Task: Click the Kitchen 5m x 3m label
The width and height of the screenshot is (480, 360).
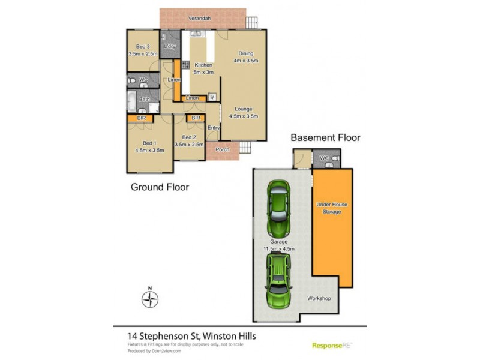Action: coord(203,68)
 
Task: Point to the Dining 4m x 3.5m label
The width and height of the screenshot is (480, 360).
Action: coord(245,56)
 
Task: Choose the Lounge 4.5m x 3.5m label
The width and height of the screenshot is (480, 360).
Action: coord(243,112)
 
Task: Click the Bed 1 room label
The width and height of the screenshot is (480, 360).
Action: coord(142,147)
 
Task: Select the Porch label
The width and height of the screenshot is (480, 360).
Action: coord(223,149)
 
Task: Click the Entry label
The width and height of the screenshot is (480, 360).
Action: coord(214,127)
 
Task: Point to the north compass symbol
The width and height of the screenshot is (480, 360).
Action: coord(151,298)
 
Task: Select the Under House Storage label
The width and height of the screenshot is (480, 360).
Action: coord(332,208)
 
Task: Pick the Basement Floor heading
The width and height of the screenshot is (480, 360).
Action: coord(325,137)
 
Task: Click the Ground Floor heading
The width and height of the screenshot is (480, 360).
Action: coord(160,187)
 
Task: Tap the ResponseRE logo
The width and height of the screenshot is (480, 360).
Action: coord(332,345)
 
